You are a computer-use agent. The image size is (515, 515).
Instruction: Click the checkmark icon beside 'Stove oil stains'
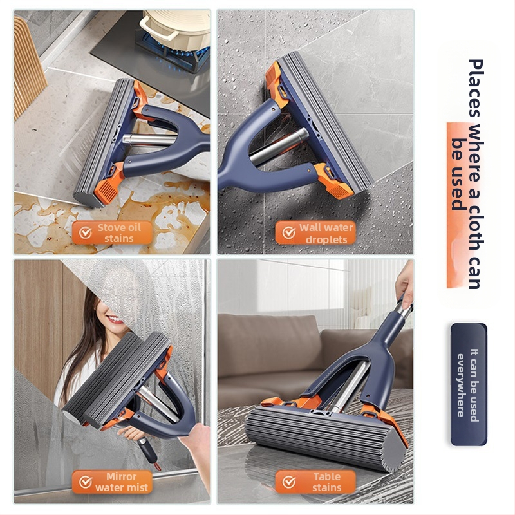pos(86,233)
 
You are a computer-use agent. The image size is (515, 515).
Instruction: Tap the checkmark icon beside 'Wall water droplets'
pos(289,233)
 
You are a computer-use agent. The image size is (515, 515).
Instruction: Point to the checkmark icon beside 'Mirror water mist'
pos(86,482)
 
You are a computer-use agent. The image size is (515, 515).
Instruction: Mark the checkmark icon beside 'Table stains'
pos(289,482)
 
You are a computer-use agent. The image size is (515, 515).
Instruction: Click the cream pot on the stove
pos(176,27)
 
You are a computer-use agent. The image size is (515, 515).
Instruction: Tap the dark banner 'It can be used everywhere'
pos(469,384)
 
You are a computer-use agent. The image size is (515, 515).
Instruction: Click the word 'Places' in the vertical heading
pos(476,88)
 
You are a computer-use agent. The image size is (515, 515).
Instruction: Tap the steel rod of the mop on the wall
pos(279,147)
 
